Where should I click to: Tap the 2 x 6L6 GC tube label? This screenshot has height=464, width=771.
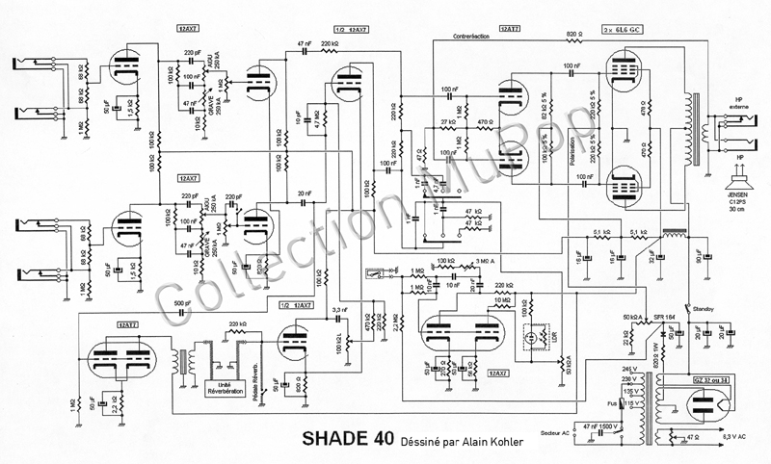pos(627,32)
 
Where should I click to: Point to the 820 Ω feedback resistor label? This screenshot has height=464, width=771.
pos(573,34)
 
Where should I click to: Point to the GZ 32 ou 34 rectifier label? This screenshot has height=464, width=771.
pos(711,381)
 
